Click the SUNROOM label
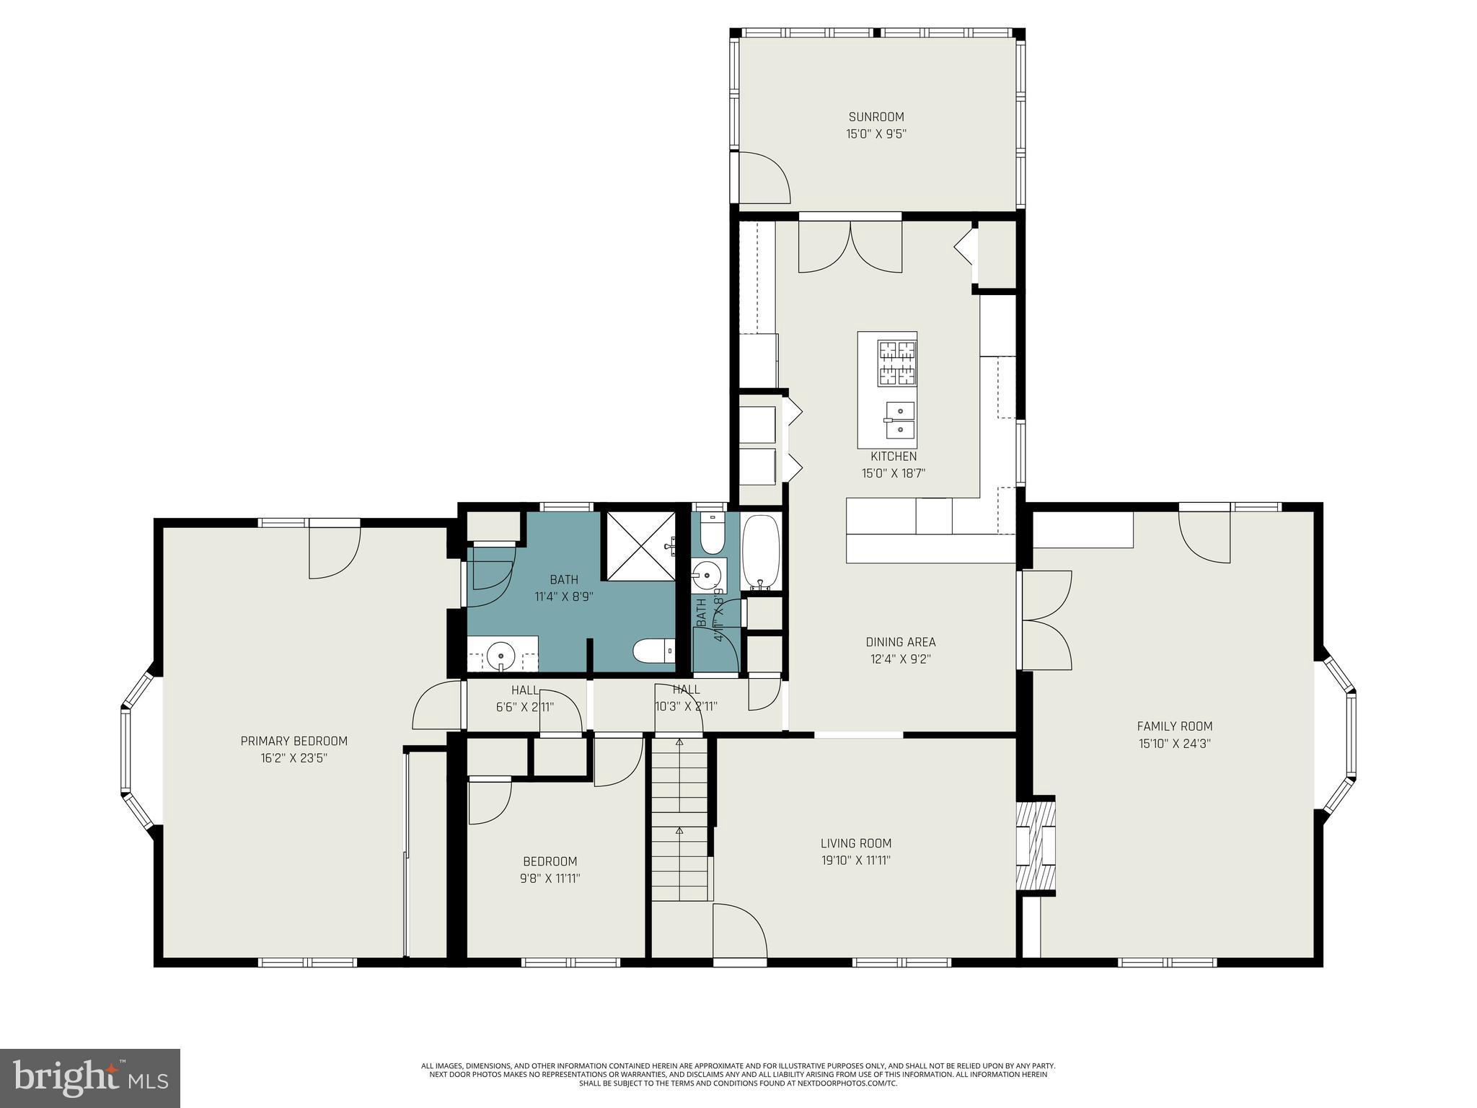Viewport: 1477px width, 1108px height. pyautogui.click(x=876, y=117)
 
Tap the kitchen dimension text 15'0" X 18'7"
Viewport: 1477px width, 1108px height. pyautogui.click(x=893, y=474)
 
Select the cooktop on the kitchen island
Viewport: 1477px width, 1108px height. pyautogui.click(x=896, y=363)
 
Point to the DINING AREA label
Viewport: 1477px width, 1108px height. pyautogui.click(x=900, y=642)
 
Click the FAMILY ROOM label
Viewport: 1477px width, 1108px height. pyautogui.click(x=1174, y=726)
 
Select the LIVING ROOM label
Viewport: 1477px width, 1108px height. pyautogui.click(x=855, y=843)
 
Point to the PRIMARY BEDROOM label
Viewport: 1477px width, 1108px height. pyautogui.click(x=294, y=741)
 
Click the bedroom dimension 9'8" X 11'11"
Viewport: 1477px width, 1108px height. pyautogui.click(x=551, y=879)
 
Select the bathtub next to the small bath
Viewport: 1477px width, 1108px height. pyautogui.click(x=761, y=551)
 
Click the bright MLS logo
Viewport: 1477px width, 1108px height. pyautogui.click(x=89, y=1078)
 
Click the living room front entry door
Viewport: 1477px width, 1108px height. pyautogui.click(x=739, y=933)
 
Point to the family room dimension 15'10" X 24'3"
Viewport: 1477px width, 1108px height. pyautogui.click(x=1174, y=744)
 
